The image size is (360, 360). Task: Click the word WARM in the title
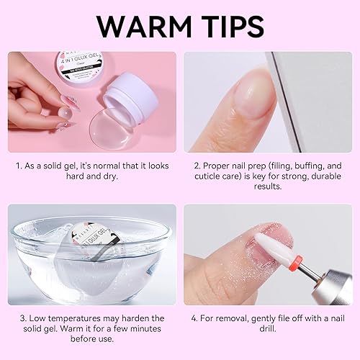click(139, 26)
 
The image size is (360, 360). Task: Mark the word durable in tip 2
click(315, 176)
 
